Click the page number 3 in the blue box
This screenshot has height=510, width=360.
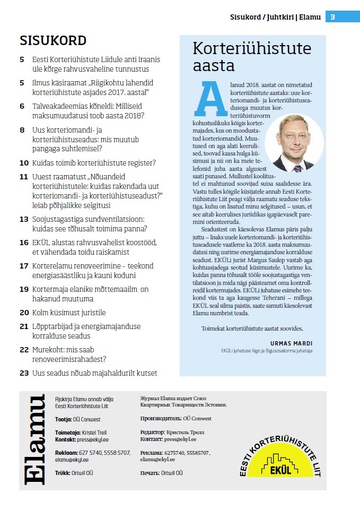(x=332, y=17)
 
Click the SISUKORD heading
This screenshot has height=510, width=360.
(x=53, y=41)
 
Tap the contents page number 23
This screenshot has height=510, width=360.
(x=24, y=373)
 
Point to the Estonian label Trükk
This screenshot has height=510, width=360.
(x=63, y=472)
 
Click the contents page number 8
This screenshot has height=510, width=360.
(x=22, y=129)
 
